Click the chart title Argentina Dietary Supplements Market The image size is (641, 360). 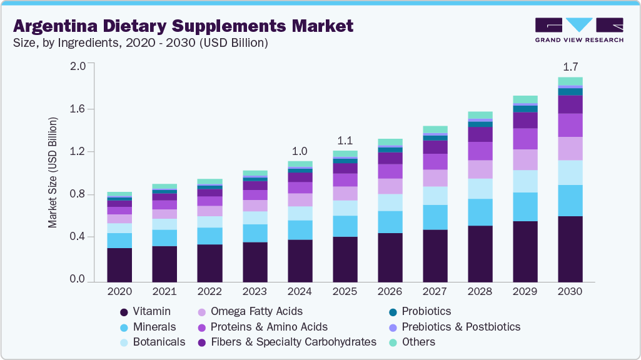pos(183,26)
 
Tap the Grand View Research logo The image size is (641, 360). pos(578,29)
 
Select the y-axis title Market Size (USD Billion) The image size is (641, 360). pos(53,172)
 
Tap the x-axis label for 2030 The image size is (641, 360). pos(570,292)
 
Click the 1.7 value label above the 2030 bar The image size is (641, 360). pos(570,66)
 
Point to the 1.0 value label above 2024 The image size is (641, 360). pos(300,151)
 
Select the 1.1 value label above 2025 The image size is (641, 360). pos(345,140)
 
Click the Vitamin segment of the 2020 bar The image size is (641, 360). pos(119,265)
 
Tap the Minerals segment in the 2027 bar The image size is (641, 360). pos(435,217)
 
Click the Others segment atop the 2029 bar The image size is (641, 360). pos(525,99)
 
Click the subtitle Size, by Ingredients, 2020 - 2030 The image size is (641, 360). pos(141,43)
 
